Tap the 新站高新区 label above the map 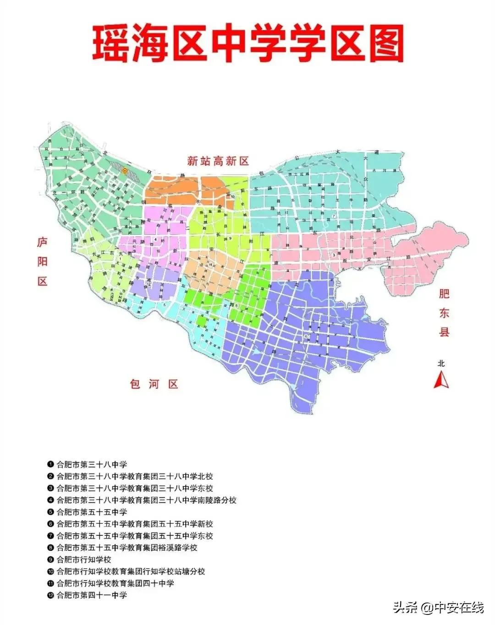[218, 161]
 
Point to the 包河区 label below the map [154, 384]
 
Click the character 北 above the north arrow [441, 364]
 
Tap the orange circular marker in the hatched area [125, 170]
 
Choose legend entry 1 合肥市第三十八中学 [92, 464]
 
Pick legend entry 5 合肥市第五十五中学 [92, 512]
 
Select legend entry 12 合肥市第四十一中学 [92, 595]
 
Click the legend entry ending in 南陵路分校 [147, 500]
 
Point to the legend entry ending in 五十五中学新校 [135, 524]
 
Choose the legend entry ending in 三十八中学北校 [135, 476]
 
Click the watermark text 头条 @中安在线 [438, 608]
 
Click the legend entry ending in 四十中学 [115, 583]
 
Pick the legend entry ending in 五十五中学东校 [135, 536]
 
